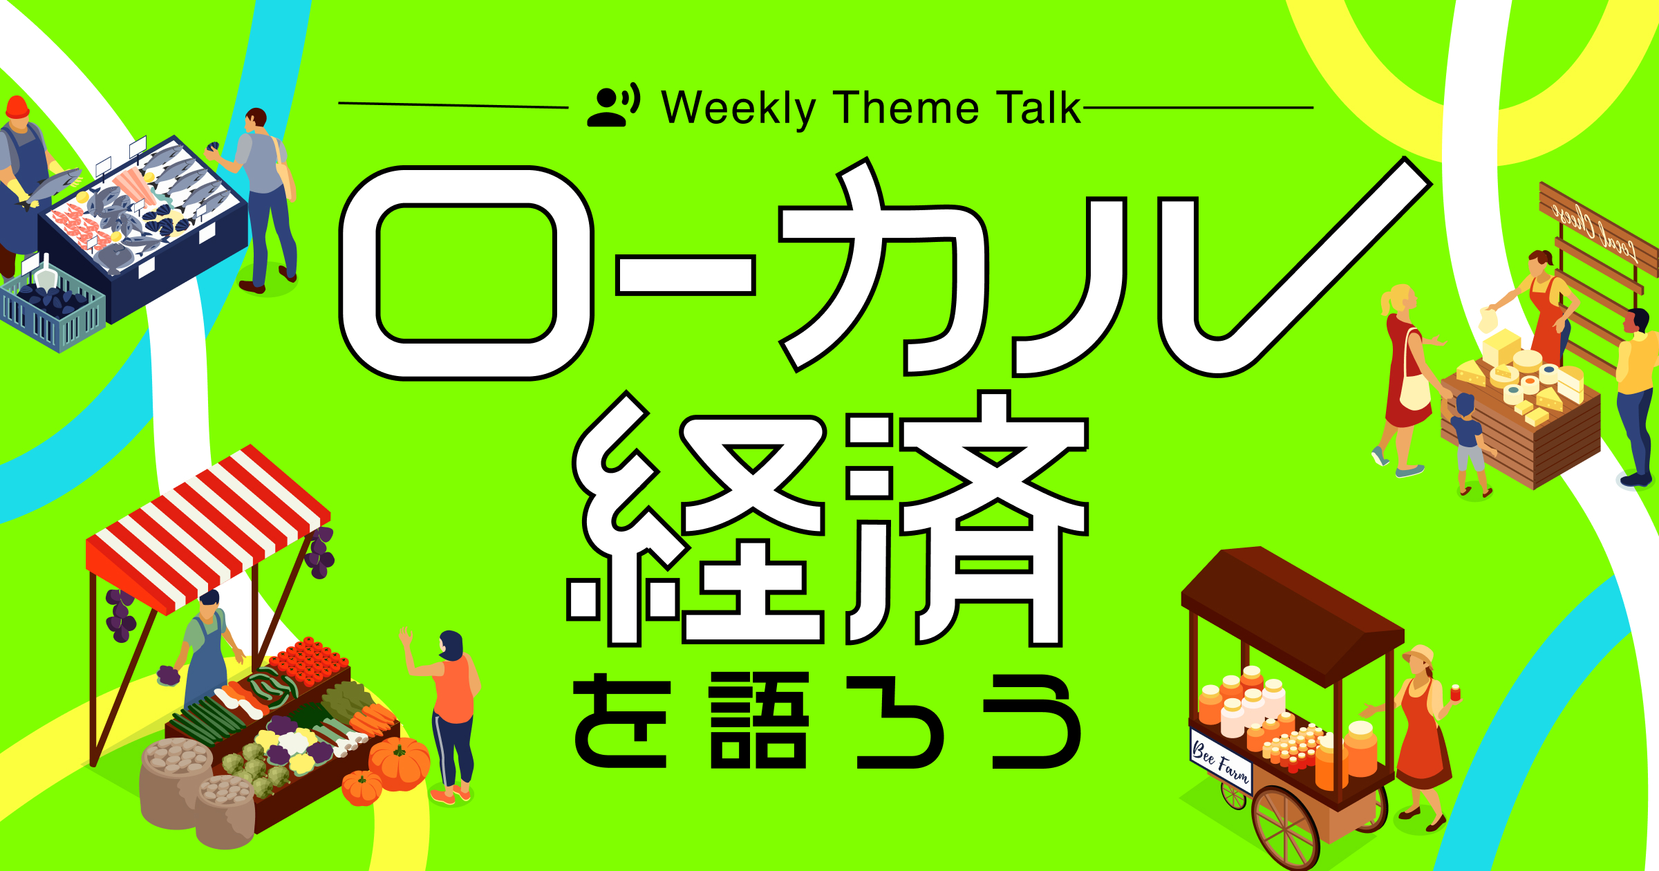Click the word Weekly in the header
click(738, 109)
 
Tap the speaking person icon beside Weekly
click(613, 106)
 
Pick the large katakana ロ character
click(466, 272)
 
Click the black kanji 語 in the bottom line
click(759, 720)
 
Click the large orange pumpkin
click(399, 763)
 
